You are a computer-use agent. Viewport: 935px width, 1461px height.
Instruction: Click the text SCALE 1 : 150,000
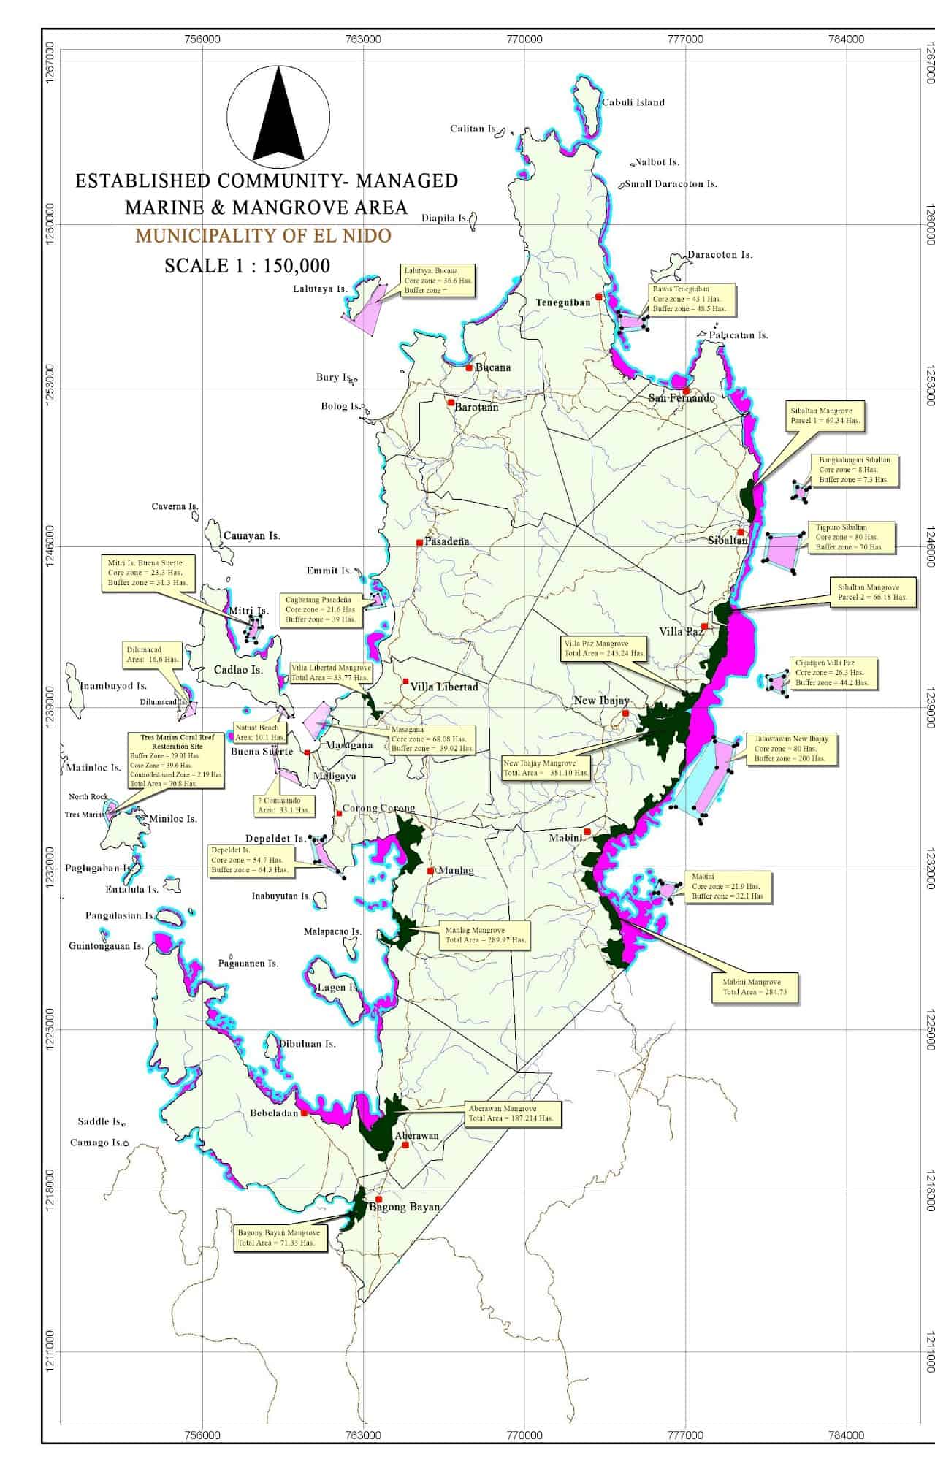tap(247, 265)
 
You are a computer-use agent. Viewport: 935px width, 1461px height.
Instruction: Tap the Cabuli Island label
tap(633, 102)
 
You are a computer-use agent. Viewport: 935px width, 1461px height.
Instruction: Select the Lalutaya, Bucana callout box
tap(438, 281)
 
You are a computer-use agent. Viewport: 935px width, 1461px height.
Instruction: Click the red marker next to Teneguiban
tap(599, 297)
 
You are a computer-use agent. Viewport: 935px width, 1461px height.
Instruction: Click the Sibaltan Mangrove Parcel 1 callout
tap(827, 416)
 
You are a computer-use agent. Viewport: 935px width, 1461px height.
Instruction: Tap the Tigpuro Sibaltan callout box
tap(849, 537)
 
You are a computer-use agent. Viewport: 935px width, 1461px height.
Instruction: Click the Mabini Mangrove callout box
tap(755, 987)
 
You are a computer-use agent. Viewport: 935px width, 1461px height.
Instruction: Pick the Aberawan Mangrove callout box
tap(511, 1113)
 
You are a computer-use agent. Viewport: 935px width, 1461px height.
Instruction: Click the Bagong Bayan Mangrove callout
tap(278, 1237)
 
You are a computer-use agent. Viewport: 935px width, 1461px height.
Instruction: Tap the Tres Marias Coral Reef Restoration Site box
tap(175, 760)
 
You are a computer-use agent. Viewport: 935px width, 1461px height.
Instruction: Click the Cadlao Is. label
tap(238, 670)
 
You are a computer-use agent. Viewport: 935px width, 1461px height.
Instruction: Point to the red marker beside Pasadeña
tap(419, 543)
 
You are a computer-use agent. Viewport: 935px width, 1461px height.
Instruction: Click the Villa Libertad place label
tap(444, 687)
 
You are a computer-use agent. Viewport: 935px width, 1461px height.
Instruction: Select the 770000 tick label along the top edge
tap(524, 39)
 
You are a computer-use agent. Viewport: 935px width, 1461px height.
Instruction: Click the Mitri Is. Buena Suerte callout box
tap(148, 573)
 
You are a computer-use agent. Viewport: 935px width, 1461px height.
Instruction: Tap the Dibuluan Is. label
tap(307, 1044)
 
